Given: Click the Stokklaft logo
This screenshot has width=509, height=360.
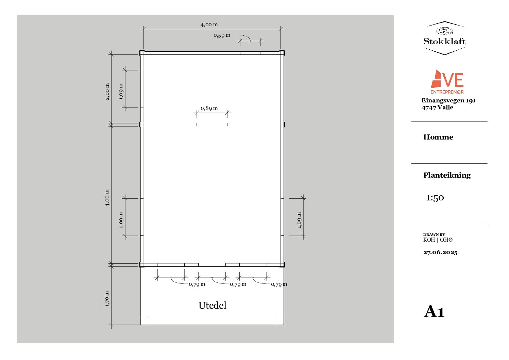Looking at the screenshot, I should (444, 38).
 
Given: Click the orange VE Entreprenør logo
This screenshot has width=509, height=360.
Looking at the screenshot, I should (447, 82).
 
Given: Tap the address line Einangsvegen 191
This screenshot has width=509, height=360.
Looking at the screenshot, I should (448, 100).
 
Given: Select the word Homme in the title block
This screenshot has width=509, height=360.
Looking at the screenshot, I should (438, 137).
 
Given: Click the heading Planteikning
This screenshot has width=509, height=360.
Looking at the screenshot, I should (447, 175).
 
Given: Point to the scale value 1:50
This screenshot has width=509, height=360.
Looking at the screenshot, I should (435, 198).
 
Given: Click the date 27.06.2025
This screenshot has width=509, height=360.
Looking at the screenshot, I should (440, 252).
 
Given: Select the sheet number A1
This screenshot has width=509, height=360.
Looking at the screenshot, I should (434, 312).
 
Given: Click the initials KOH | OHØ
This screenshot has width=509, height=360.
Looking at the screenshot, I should (438, 240).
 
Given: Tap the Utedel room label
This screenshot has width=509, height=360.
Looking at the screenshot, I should (212, 305).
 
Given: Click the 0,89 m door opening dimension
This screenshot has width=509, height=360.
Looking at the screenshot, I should (209, 108).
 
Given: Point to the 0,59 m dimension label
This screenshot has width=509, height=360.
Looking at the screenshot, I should (222, 35).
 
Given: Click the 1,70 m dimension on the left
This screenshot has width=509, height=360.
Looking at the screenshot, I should (107, 299).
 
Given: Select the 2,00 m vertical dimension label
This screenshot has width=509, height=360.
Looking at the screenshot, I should (107, 92).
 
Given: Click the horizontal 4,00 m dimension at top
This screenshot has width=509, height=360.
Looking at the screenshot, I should (209, 24).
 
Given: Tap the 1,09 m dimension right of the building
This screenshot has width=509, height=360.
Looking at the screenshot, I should (299, 220).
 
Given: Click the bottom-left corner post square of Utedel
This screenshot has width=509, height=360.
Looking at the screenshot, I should (144, 321).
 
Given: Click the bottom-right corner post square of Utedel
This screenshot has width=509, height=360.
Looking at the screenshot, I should (280, 321).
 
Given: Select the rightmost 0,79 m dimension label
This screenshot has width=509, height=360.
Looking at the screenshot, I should (279, 284).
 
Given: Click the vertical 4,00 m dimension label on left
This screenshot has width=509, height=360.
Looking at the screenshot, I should (107, 198).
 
